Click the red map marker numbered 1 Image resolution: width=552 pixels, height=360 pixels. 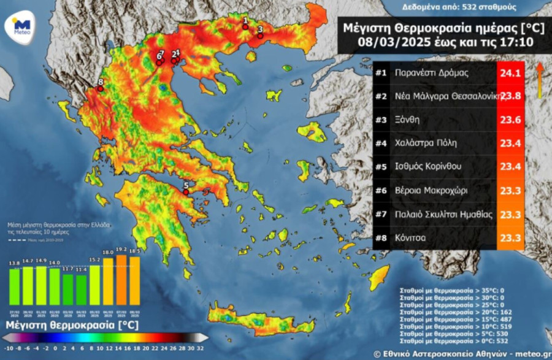(245, 27)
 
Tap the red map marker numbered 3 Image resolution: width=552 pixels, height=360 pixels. (260, 36)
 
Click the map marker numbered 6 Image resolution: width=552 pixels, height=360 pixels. (159, 63)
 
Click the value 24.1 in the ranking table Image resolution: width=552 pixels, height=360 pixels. (510, 73)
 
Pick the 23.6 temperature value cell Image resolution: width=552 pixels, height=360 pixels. (510, 120)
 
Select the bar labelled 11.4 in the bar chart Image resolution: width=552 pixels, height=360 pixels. (80, 289)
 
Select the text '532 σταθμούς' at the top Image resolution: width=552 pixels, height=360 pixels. (491, 7)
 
